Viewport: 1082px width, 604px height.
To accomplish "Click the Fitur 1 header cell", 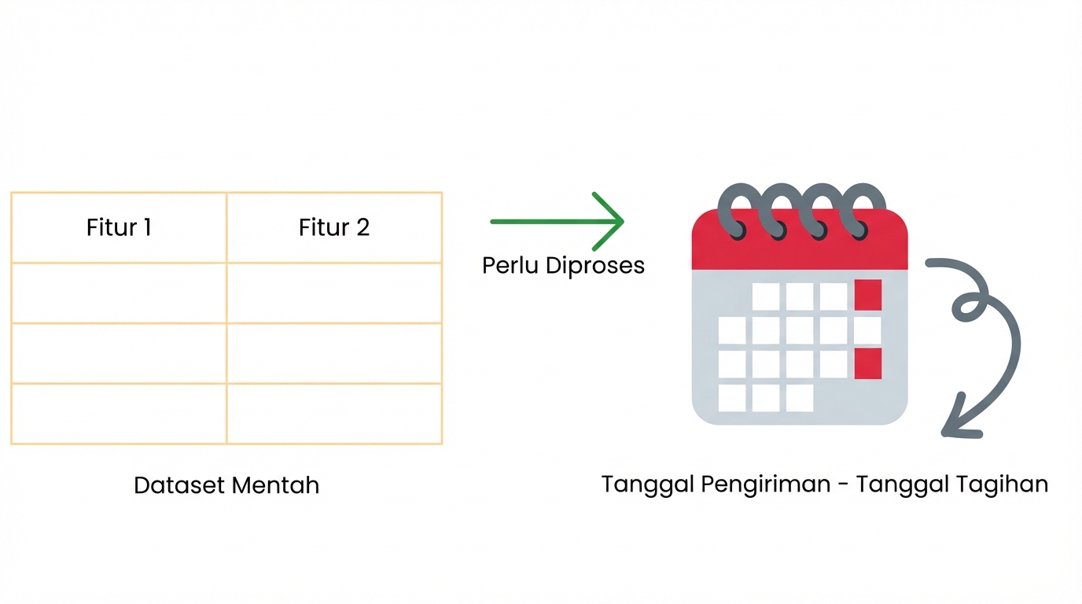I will [119, 228].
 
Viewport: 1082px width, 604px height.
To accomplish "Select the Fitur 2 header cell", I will [334, 228].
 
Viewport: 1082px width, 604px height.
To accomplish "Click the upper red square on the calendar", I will [867, 295].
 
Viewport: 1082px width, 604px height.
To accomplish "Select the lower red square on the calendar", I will [867, 363].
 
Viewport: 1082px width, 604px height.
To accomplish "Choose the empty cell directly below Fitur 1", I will [119, 293].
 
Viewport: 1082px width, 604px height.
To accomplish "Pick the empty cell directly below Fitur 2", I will [334, 293].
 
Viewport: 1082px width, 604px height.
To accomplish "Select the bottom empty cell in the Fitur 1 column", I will [119, 414].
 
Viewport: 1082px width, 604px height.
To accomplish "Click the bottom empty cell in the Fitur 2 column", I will [334, 414].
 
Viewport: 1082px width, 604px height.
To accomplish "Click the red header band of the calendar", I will [800, 252].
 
